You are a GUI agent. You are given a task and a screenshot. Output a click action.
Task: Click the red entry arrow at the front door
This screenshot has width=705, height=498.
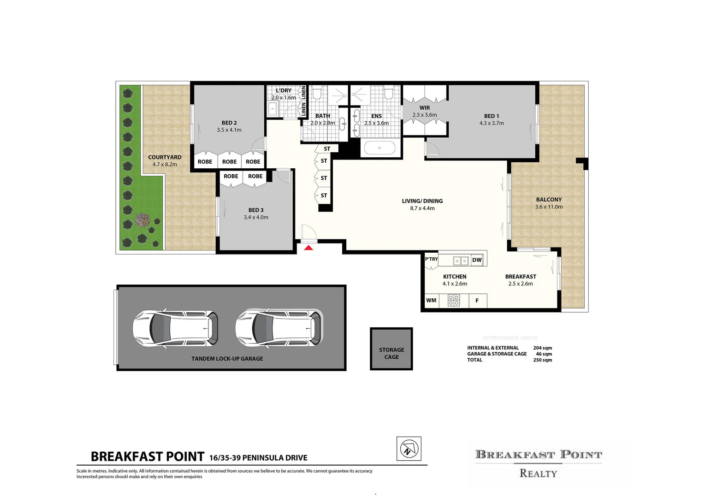coord(308,248)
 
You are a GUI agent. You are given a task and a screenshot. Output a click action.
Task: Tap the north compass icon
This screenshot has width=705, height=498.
coord(409,449)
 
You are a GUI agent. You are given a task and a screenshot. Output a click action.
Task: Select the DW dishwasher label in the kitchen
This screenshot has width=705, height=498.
coord(477,260)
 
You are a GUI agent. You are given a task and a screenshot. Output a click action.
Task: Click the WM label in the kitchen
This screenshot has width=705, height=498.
coord(431,301)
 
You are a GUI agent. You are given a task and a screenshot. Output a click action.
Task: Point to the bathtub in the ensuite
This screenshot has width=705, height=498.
coord(379,148)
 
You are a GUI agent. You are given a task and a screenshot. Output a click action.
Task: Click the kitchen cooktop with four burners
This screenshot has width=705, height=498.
coord(454,301)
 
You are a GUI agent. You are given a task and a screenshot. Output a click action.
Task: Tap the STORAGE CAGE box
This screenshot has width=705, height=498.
coord(391,349)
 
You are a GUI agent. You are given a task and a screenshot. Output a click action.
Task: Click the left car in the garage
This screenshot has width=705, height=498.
coord(175,328)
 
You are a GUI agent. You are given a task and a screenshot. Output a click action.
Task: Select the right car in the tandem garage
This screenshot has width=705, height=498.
coord(278,328)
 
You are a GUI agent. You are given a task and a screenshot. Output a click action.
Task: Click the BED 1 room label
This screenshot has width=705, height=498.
coord(492,116)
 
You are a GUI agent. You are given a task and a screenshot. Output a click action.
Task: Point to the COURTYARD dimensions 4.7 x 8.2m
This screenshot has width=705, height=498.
coord(165,165)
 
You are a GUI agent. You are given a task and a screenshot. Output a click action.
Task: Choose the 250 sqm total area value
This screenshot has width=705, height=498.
coord(542,360)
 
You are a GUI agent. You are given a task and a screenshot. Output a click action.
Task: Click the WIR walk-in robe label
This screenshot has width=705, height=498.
coord(425,108)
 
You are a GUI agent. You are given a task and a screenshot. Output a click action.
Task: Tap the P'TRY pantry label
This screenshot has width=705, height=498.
coord(431,259)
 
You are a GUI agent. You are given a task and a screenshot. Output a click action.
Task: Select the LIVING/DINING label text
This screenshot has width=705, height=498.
coord(422,201)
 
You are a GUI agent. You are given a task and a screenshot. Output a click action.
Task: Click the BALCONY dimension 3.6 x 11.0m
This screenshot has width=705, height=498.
coord(549,207)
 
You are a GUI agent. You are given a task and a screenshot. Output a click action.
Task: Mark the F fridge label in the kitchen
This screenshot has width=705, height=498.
coord(477,301)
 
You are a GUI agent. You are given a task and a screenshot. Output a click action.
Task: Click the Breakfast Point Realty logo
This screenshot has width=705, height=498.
coord(538,463)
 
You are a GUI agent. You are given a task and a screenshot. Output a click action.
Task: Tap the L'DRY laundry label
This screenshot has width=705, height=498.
coord(284,90)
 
